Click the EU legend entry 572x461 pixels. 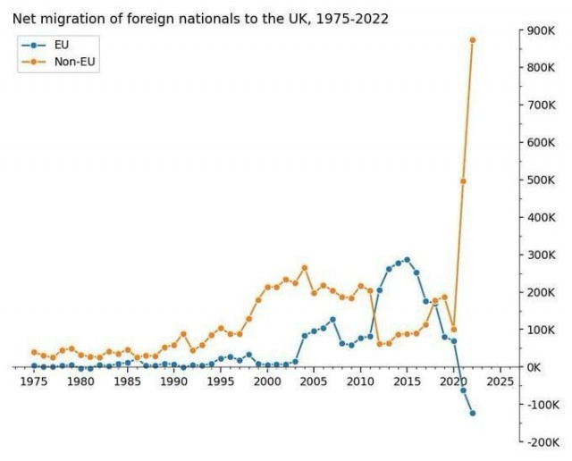click(x=62, y=44)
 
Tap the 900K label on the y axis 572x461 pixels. click(x=541, y=30)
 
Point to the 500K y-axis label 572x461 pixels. click(x=541, y=180)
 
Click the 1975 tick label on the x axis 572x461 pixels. click(x=34, y=382)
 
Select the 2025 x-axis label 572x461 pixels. click(x=500, y=382)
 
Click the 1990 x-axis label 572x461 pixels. click(x=174, y=382)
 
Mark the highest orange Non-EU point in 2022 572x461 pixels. click(x=473, y=40)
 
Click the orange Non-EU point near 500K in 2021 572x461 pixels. click(x=463, y=181)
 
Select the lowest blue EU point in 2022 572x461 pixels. click(x=473, y=413)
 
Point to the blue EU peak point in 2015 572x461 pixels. click(x=408, y=260)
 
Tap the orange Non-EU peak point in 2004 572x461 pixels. click(x=305, y=268)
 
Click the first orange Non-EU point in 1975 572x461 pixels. click(x=34, y=352)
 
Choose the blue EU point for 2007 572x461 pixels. click(x=332, y=320)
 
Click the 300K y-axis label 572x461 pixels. click(x=541, y=256)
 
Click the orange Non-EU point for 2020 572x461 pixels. click(x=454, y=330)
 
